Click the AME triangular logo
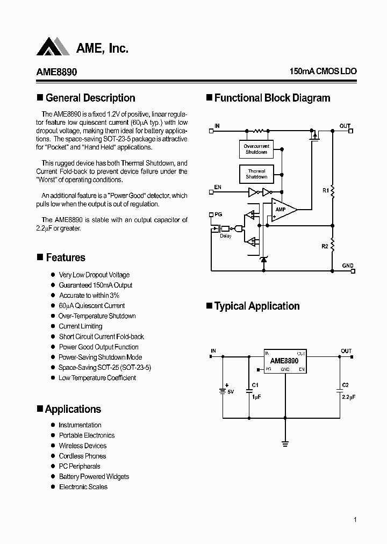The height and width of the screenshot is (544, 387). coord(53,47)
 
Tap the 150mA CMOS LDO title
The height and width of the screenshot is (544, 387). coord(322,71)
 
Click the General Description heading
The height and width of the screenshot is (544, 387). coord(90,98)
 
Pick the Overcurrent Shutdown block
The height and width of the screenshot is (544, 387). coord(256,149)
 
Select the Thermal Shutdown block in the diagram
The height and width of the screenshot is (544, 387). coord(256,174)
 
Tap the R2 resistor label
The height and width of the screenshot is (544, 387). coord(325,246)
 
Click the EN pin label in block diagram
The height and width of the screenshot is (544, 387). coord(218,187)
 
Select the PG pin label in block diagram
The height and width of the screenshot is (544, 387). coord(218,214)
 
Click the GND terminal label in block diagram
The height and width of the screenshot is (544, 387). coord(347,266)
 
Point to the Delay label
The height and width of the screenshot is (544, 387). coord(226,236)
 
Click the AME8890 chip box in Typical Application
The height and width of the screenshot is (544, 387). coord(285,361)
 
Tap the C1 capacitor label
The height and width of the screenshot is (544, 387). coord(255,385)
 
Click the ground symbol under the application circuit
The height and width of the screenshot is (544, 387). coord(285,444)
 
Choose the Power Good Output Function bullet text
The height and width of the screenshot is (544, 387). coord(98,347)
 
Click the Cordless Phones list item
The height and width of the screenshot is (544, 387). coord(82,456)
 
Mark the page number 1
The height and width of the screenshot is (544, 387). coord(355,520)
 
